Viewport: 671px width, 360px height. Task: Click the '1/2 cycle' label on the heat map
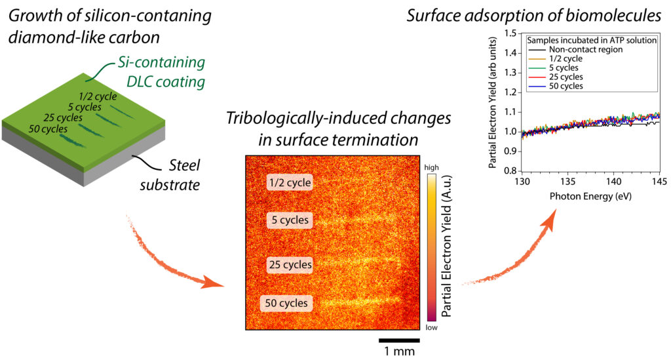pos(290,182)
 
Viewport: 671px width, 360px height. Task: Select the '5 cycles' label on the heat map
pos(289,220)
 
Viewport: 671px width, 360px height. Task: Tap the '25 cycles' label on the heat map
pos(290,265)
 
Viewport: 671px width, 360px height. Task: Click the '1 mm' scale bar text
pos(399,351)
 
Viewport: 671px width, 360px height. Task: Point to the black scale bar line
pos(399,340)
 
